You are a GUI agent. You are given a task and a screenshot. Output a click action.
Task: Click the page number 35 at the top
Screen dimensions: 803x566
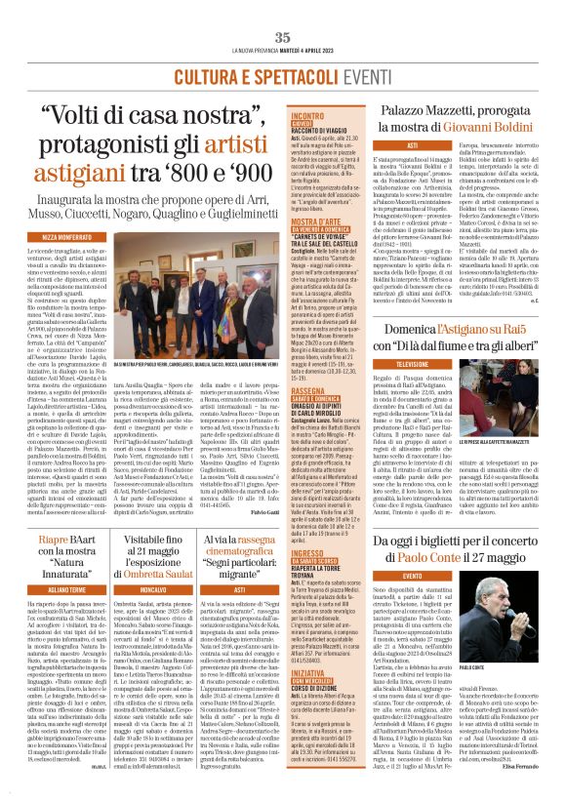click(x=283, y=37)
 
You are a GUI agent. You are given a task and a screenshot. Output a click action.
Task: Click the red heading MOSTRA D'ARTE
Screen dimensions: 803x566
click(x=313, y=221)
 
